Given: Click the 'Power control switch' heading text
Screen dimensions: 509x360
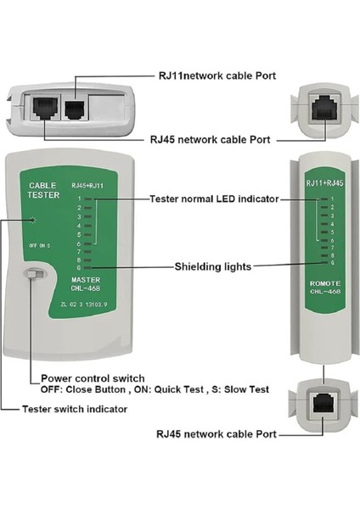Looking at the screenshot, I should [x=92, y=378].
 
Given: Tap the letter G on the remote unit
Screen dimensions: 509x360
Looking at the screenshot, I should [x=332, y=263].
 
